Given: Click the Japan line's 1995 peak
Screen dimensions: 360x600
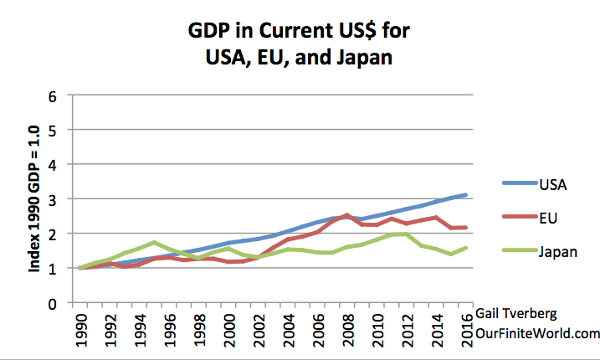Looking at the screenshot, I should (x=153, y=243).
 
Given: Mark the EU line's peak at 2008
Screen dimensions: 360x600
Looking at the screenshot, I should (x=346, y=215).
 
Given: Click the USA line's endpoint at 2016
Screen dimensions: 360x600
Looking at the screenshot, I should (x=464, y=195).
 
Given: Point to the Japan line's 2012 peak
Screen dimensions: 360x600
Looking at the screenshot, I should (x=405, y=234).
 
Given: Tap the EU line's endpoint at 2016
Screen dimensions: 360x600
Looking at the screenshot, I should (x=464, y=228).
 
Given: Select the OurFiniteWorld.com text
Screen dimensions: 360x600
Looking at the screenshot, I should (x=536, y=332).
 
